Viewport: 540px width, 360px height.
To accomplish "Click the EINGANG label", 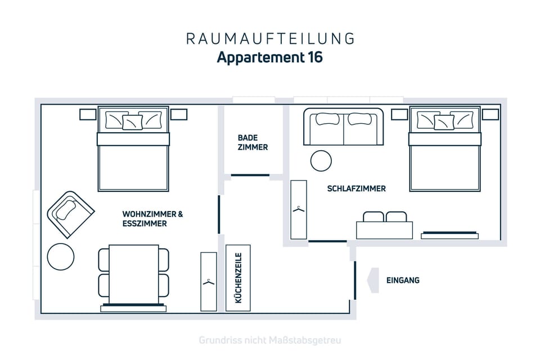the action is (x=403, y=281).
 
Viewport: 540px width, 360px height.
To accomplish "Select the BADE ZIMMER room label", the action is (x=253, y=143).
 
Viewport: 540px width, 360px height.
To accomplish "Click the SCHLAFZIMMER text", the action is (x=357, y=189).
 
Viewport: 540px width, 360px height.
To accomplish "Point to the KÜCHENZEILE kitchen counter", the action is (x=238, y=278).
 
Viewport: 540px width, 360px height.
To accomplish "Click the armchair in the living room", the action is (x=71, y=215).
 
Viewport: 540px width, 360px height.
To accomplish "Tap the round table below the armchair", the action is (x=61, y=256).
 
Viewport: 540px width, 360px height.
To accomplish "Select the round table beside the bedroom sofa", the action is (x=321, y=161).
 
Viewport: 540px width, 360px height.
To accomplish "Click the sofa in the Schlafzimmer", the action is (x=343, y=127).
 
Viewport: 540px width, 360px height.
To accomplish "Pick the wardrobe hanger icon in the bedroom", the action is (x=299, y=209).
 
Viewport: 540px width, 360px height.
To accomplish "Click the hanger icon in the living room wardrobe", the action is (x=208, y=282).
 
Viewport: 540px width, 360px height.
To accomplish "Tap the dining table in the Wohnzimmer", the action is (x=134, y=274).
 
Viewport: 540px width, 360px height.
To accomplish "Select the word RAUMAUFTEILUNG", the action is (x=270, y=39).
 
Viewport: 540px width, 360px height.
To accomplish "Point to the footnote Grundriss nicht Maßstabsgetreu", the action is (x=270, y=341).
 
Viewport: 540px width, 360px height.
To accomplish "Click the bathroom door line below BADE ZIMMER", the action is (x=250, y=175).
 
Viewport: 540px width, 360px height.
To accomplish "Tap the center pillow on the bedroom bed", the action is (x=444, y=122).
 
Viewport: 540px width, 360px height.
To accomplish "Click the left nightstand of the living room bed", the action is (x=88, y=114).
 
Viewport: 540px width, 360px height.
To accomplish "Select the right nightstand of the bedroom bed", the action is (x=490, y=114).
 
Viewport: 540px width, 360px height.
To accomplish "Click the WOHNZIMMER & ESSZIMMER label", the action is (x=152, y=219).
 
